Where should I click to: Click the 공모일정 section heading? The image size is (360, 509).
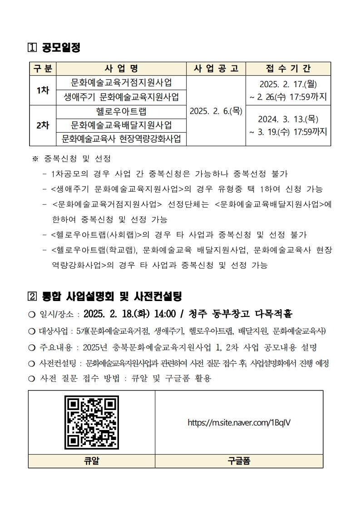click(x=61, y=47)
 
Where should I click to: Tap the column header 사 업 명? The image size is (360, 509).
click(x=121, y=69)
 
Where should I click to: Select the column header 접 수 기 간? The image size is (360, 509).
click(x=288, y=69)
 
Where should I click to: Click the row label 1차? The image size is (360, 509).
click(x=43, y=90)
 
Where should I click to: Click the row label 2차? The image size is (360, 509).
click(x=43, y=125)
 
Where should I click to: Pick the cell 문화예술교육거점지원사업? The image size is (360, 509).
click(x=121, y=83)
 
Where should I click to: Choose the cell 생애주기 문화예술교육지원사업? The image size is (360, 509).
click(x=121, y=97)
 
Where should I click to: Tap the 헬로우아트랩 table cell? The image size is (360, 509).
click(x=121, y=111)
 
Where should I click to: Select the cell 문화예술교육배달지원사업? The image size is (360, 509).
click(x=121, y=125)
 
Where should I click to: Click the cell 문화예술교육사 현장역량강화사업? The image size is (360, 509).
click(x=121, y=138)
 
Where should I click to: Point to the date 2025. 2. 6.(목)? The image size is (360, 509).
click(x=216, y=111)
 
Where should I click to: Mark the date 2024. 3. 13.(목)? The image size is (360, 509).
click(x=288, y=119)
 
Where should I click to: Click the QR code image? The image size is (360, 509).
click(x=92, y=423)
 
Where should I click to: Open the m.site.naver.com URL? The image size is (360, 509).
click(x=239, y=423)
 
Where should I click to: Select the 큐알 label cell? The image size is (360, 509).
click(x=92, y=461)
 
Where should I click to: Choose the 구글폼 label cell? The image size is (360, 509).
click(x=239, y=461)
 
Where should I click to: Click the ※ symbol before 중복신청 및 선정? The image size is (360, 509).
click(x=35, y=159)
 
